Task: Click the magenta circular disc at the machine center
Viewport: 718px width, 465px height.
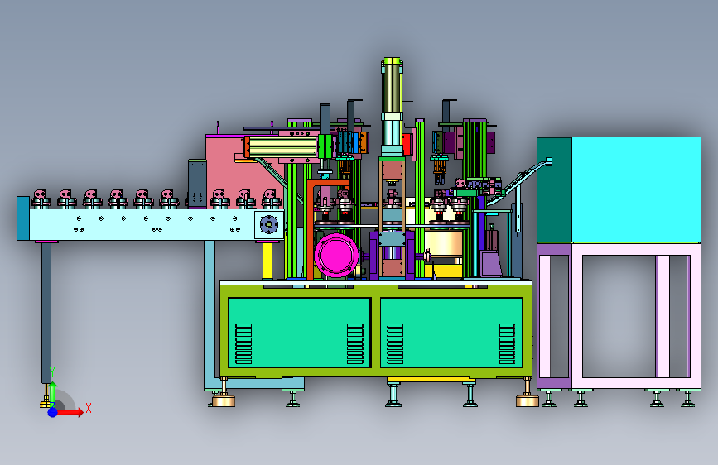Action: click(x=336, y=256)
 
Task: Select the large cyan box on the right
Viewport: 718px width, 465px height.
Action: click(x=636, y=189)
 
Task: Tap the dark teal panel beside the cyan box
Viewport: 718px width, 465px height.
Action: click(x=554, y=189)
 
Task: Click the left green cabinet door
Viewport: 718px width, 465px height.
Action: click(x=300, y=333)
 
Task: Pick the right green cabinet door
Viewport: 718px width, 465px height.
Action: click(x=451, y=333)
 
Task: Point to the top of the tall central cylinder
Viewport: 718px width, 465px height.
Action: click(x=393, y=60)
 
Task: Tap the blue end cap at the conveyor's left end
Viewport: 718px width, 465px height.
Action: click(x=23, y=218)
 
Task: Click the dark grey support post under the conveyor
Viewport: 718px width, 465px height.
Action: click(x=46, y=313)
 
